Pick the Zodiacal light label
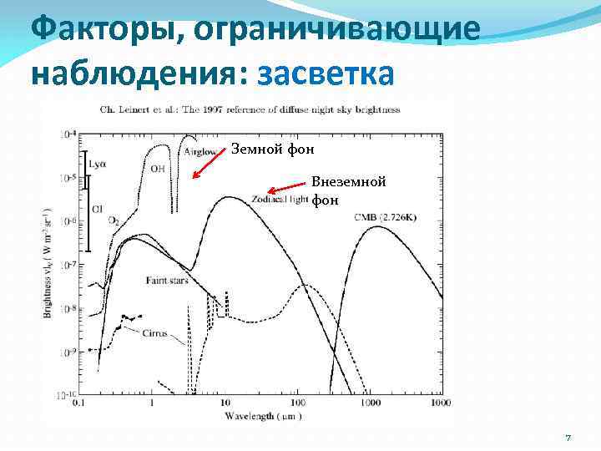pos(280,199)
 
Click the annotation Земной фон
pos(272,149)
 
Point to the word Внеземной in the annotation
pos(348,182)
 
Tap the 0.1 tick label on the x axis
pos(79,403)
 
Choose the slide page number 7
pos(568,438)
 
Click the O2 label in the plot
pos(114,220)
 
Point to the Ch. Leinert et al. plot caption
pos(250,110)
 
